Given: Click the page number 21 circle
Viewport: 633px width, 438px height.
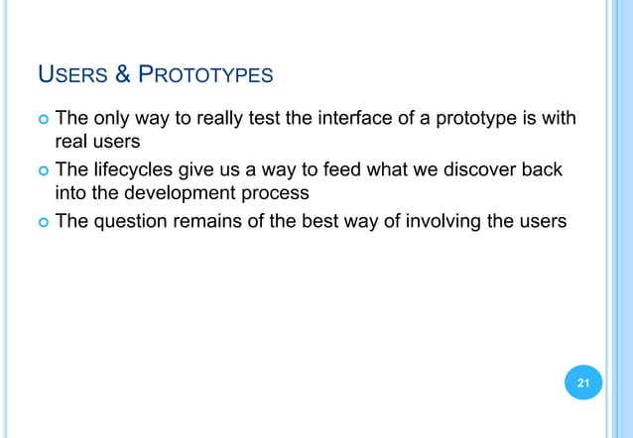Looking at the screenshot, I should point(583,383).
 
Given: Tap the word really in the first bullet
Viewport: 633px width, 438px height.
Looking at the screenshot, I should point(228,121).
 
